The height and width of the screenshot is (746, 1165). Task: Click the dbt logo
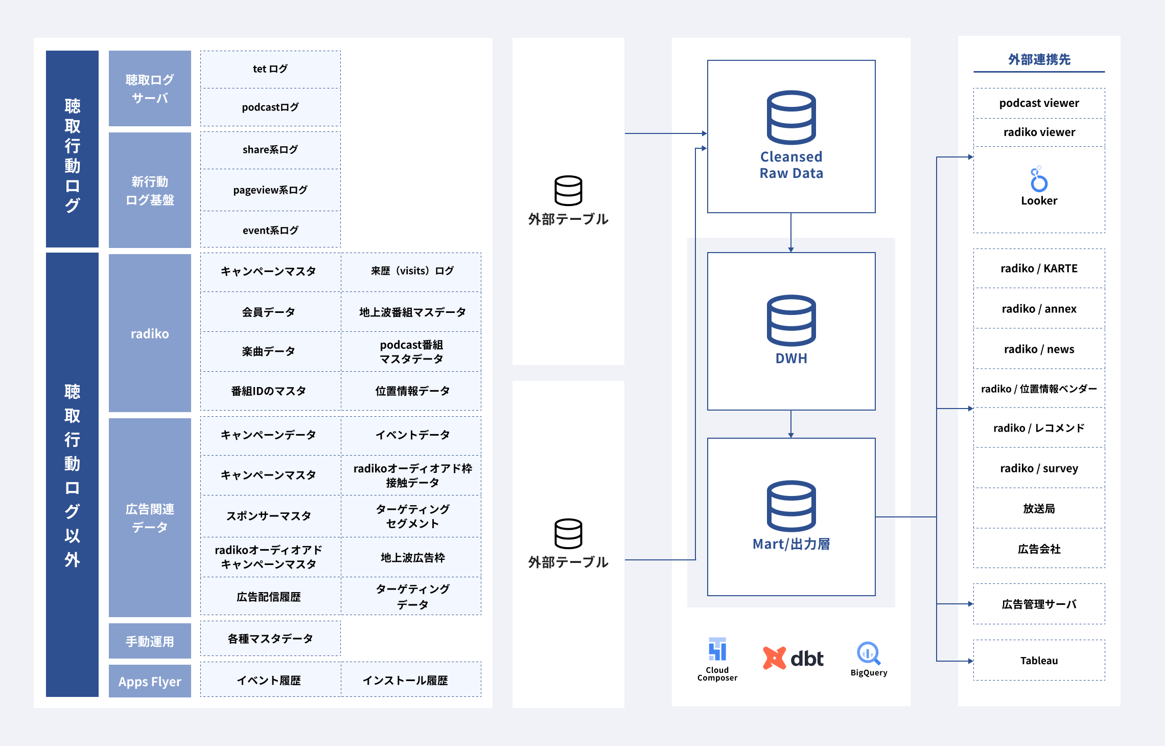tap(793, 658)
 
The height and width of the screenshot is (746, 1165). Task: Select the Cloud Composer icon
tap(717, 649)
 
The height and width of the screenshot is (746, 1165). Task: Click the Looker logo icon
tap(1039, 179)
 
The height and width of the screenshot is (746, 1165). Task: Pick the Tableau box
tap(1039, 660)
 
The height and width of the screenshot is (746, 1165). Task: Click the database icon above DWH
tap(791, 321)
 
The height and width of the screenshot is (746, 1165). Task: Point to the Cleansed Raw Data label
tap(791, 165)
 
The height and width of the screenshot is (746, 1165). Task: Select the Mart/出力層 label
tap(791, 544)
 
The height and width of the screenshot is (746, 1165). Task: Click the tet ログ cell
tap(270, 69)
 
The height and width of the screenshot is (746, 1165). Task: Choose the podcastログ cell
tap(270, 107)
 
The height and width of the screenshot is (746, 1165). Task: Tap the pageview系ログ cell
tap(270, 190)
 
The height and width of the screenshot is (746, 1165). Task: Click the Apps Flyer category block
tap(150, 681)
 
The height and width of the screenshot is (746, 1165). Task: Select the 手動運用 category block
tap(150, 641)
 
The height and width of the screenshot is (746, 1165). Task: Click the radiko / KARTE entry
tap(1039, 268)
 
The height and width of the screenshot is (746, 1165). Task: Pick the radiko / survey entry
tap(1039, 468)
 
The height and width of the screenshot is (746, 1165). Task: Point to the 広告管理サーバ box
tap(1039, 604)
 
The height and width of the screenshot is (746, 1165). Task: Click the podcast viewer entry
tap(1039, 103)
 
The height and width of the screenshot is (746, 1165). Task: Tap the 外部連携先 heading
tap(1039, 60)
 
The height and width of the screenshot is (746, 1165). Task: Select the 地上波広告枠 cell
tap(412, 557)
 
